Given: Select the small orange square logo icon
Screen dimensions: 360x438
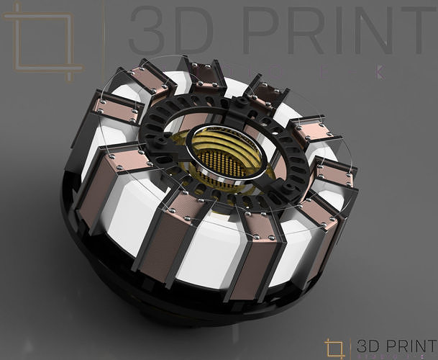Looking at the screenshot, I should (334, 347).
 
